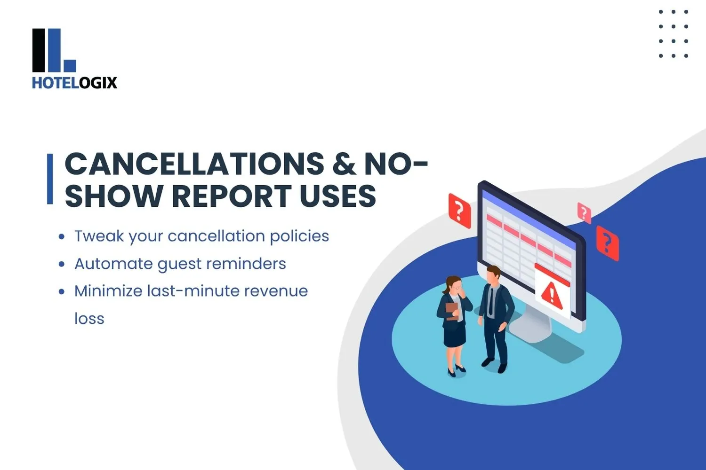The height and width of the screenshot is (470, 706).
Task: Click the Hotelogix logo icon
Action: [53, 50]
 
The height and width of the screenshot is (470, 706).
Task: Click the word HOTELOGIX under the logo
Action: [74, 83]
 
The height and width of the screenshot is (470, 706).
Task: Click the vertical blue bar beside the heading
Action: [50, 179]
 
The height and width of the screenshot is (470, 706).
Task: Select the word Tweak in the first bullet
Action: [99, 235]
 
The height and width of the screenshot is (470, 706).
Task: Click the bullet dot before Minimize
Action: [61, 291]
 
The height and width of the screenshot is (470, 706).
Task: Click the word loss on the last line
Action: [89, 319]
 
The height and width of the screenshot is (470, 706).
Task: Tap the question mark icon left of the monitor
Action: [459, 211]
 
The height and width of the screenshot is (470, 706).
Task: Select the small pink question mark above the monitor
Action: [584, 213]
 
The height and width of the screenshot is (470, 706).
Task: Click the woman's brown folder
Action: [452, 311]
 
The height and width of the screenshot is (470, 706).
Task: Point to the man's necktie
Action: [491, 301]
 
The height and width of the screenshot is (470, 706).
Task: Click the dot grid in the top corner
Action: [673, 34]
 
